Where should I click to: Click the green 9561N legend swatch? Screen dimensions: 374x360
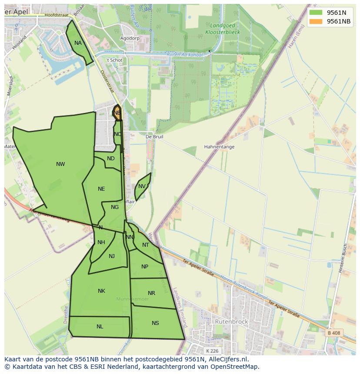(x=316, y=13)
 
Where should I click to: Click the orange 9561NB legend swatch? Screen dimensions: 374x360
(x=316, y=21)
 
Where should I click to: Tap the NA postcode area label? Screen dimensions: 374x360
(x=78, y=43)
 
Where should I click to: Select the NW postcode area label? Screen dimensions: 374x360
(x=60, y=164)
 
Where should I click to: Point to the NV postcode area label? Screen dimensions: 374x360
(x=142, y=186)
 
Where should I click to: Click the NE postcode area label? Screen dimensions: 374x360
(x=101, y=189)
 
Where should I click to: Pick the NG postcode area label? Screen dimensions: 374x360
(x=115, y=207)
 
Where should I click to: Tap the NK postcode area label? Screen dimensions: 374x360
(x=101, y=291)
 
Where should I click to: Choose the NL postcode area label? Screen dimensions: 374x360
(x=100, y=327)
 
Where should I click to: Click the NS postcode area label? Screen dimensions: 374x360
(x=155, y=323)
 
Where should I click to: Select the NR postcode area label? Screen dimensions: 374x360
(x=151, y=293)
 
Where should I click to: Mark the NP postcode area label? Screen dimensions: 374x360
(x=145, y=267)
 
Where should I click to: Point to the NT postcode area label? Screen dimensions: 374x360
(x=146, y=245)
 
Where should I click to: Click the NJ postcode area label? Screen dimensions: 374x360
(x=112, y=256)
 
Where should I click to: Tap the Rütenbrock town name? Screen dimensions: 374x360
(x=231, y=322)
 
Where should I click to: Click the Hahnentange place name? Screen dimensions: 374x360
(x=219, y=147)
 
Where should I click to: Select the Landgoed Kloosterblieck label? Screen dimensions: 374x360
(x=222, y=29)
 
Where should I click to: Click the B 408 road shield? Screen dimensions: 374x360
(x=333, y=333)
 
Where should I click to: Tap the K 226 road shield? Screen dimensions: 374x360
(x=212, y=351)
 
